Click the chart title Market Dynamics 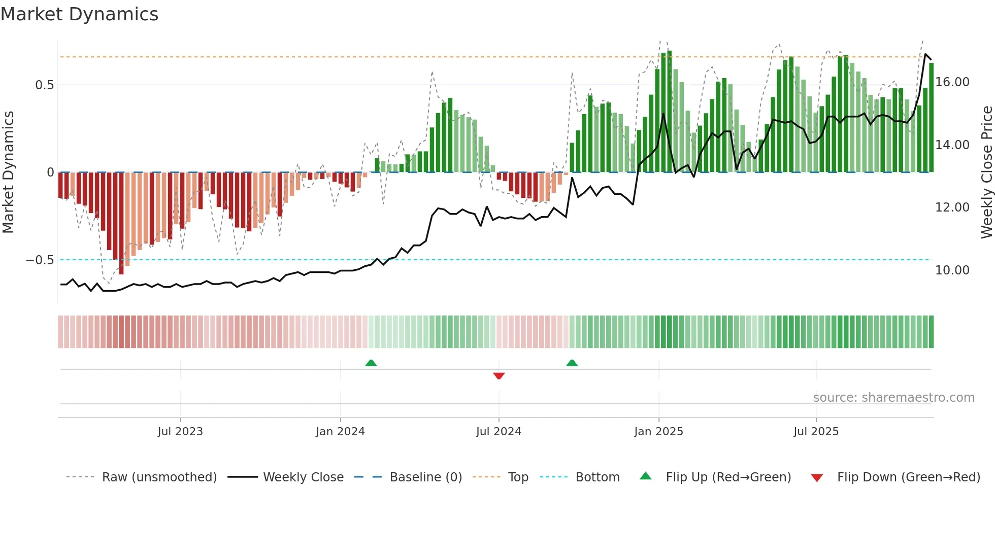[x=79, y=14]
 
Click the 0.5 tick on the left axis [x=44, y=85]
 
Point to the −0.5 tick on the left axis [x=40, y=260]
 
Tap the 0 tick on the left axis [x=50, y=172]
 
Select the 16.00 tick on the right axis [x=952, y=82]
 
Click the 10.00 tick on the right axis [x=952, y=270]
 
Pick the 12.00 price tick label [x=952, y=207]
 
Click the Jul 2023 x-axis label [x=180, y=432]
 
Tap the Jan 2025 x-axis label [x=658, y=432]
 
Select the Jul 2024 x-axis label [x=499, y=432]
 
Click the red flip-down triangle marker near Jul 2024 [x=499, y=376]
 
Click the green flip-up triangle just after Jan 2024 [x=371, y=363]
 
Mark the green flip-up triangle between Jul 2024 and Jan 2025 [x=572, y=363]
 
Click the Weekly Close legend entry [x=303, y=477]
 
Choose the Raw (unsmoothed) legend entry [x=159, y=477]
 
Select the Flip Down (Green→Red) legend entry [x=908, y=477]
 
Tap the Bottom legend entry [x=597, y=477]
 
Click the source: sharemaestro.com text [x=893, y=398]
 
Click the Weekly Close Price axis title [x=986, y=172]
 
